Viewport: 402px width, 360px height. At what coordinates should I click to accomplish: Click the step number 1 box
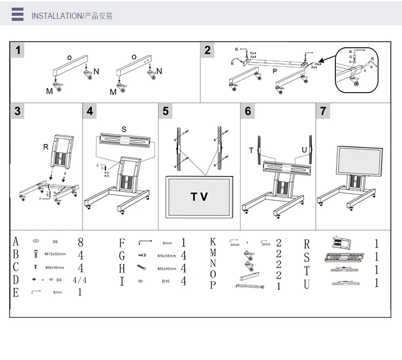pyautogui.click(x=18, y=50)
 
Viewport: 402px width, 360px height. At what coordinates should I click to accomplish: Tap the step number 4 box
pyautogui.click(x=90, y=110)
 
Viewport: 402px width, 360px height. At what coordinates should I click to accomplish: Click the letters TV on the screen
pyautogui.click(x=199, y=197)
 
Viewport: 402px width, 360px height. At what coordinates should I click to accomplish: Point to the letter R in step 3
pyautogui.click(x=46, y=147)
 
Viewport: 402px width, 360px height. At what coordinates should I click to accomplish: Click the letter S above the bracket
pyautogui.click(x=124, y=129)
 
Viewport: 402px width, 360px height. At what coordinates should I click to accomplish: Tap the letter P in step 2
pyautogui.click(x=275, y=71)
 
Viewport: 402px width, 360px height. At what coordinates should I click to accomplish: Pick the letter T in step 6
pyautogui.click(x=251, y=151)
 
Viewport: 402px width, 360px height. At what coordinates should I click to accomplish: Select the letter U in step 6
pyautogui.click(x=304, y=151)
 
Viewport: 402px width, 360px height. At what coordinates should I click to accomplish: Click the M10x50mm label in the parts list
pyautogui.click(x=55, y=254)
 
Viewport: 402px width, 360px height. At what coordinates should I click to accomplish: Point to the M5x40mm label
pyautogui.click(x=166, y=268)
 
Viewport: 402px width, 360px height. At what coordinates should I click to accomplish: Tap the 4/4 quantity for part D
pyautogui.click(x=80, y=280)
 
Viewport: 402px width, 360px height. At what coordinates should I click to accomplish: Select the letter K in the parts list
pyautogui.click(x=213, y=242)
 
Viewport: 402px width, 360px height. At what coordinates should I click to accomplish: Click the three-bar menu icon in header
pyautogui.click(x=18, y=15)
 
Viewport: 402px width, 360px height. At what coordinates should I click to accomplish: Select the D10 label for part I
pyautogui.click(x=166, y=281)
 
